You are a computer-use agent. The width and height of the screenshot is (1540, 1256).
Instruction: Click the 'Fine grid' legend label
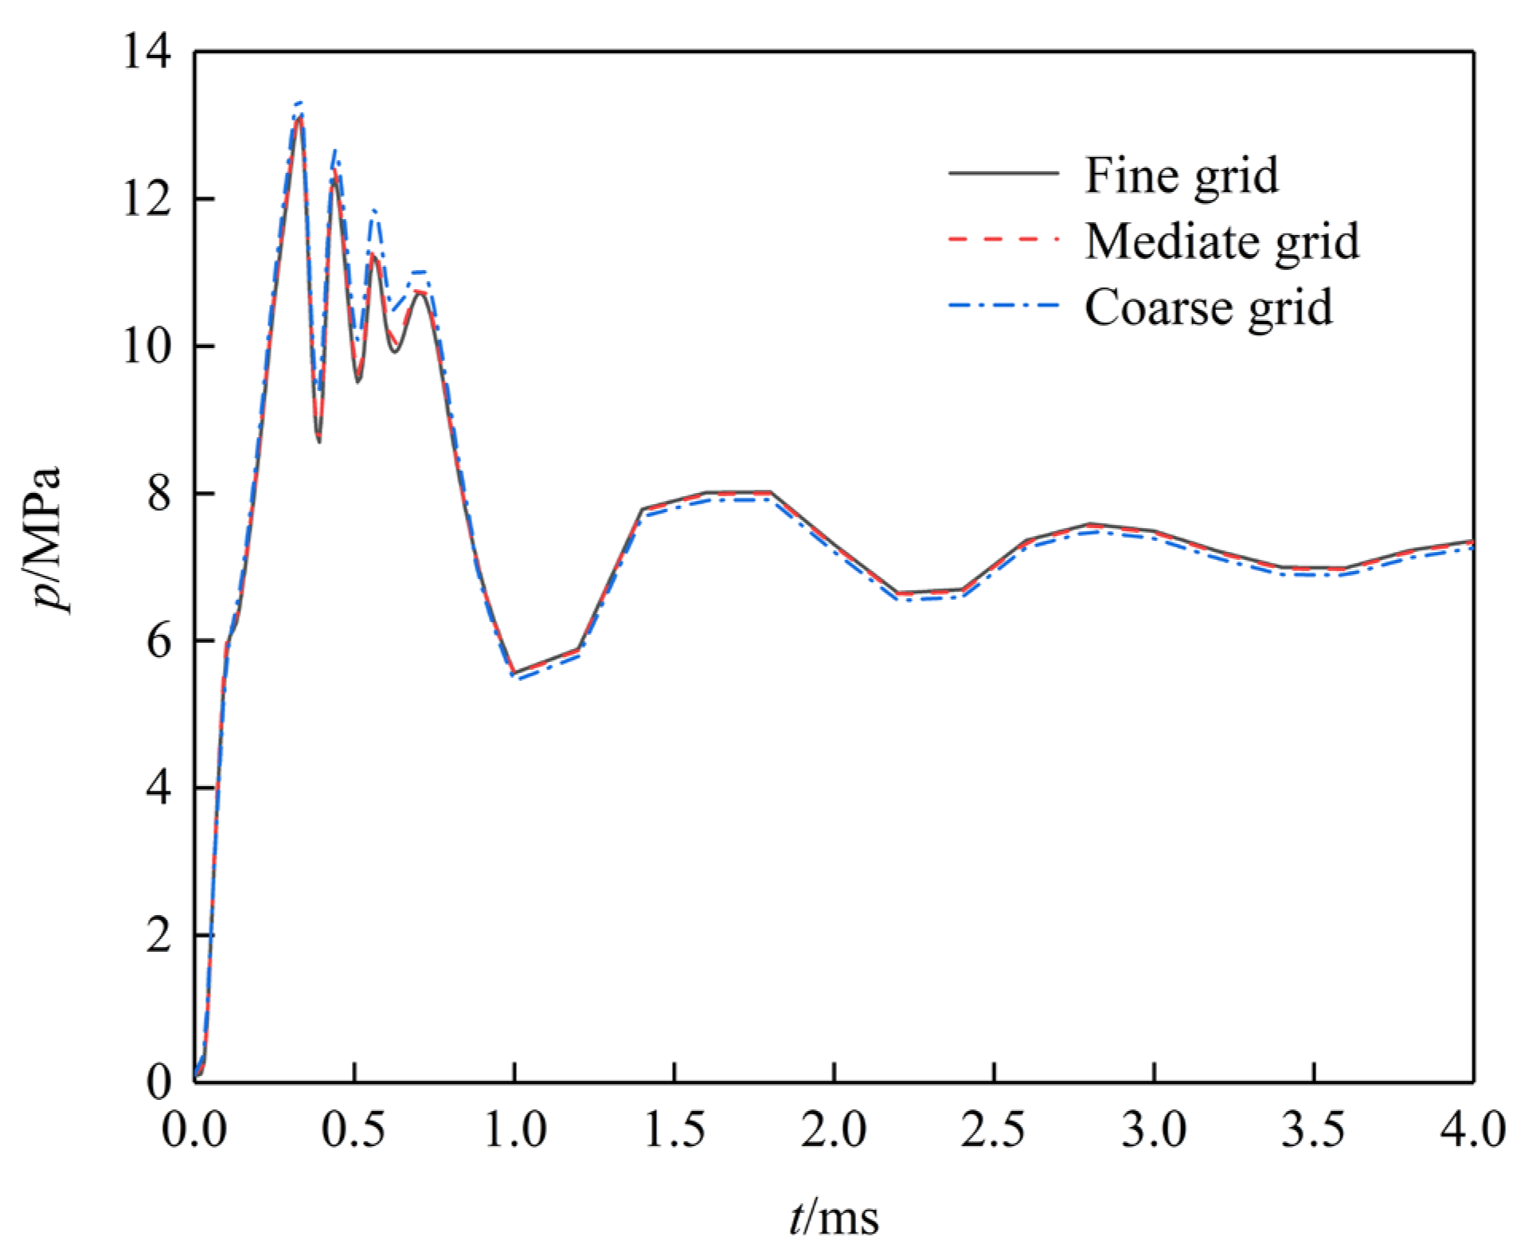(x=1181, y=176)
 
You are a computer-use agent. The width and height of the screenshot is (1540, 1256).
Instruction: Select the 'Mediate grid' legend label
(x=1221, y=241)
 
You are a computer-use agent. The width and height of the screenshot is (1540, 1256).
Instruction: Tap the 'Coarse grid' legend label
(x=1208, y=307)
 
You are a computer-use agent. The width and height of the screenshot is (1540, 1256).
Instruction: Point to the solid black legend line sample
(x=1003, y=173)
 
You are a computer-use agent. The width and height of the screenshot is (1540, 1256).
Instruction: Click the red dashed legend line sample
(x=1003, y=239)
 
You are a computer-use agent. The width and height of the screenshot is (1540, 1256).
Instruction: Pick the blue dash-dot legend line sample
(x=1003, y=305)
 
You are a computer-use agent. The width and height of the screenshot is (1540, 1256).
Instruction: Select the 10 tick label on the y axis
(x=147, y=346)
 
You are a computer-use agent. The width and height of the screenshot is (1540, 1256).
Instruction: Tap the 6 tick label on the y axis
(x=158, y=640)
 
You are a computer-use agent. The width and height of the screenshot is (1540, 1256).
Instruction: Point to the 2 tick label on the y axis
(x=158, y=934)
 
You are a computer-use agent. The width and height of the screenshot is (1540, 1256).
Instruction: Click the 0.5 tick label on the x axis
(x=354, y=1129)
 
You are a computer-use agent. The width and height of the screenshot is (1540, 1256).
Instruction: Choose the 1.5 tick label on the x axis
(x=674, y=1129)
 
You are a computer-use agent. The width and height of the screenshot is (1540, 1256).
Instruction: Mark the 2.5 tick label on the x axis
(x=993, y=1129)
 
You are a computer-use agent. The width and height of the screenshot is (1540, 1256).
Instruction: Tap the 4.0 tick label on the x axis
(x=1472, y=1129)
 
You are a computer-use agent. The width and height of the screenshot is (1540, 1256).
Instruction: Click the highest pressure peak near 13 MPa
(x=299, y=115)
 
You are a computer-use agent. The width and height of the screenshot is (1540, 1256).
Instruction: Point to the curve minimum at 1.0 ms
(x=514, y=673)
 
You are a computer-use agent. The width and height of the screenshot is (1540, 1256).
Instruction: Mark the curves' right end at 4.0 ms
(x=1472, y=542)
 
